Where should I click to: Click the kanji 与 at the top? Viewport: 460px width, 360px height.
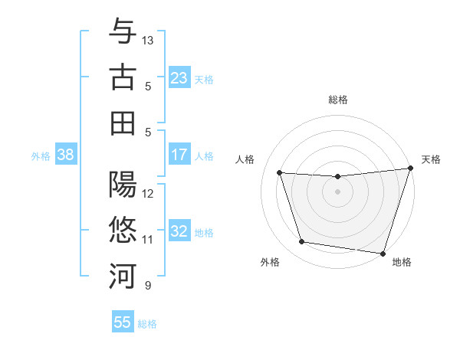coord(123,33)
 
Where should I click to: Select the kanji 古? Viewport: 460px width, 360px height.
coord(123,77)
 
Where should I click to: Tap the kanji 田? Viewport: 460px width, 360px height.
coord(123,123)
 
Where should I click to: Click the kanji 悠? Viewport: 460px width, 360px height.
coord(123,230)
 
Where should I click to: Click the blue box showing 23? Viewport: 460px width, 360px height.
coord(179,78)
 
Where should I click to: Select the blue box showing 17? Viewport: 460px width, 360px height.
coord(179,155)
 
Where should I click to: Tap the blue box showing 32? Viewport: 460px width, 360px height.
coord(179,232)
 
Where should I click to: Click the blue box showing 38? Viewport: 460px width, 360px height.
coord(66,155)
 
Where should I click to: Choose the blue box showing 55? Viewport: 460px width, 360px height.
coord(123,322)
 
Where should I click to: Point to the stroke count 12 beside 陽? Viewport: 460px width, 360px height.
coord(148,193)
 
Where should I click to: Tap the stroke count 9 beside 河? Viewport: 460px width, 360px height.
coord(147,286)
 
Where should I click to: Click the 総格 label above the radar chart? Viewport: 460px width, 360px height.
coord(338,100)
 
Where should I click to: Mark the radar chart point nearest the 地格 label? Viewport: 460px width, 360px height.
coord(382,252)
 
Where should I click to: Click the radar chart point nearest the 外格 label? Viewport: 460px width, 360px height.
coord(302,242)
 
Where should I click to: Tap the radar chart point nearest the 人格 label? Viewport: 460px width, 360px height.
coord(280,173)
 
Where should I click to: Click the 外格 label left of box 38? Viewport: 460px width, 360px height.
coord(41,156)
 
